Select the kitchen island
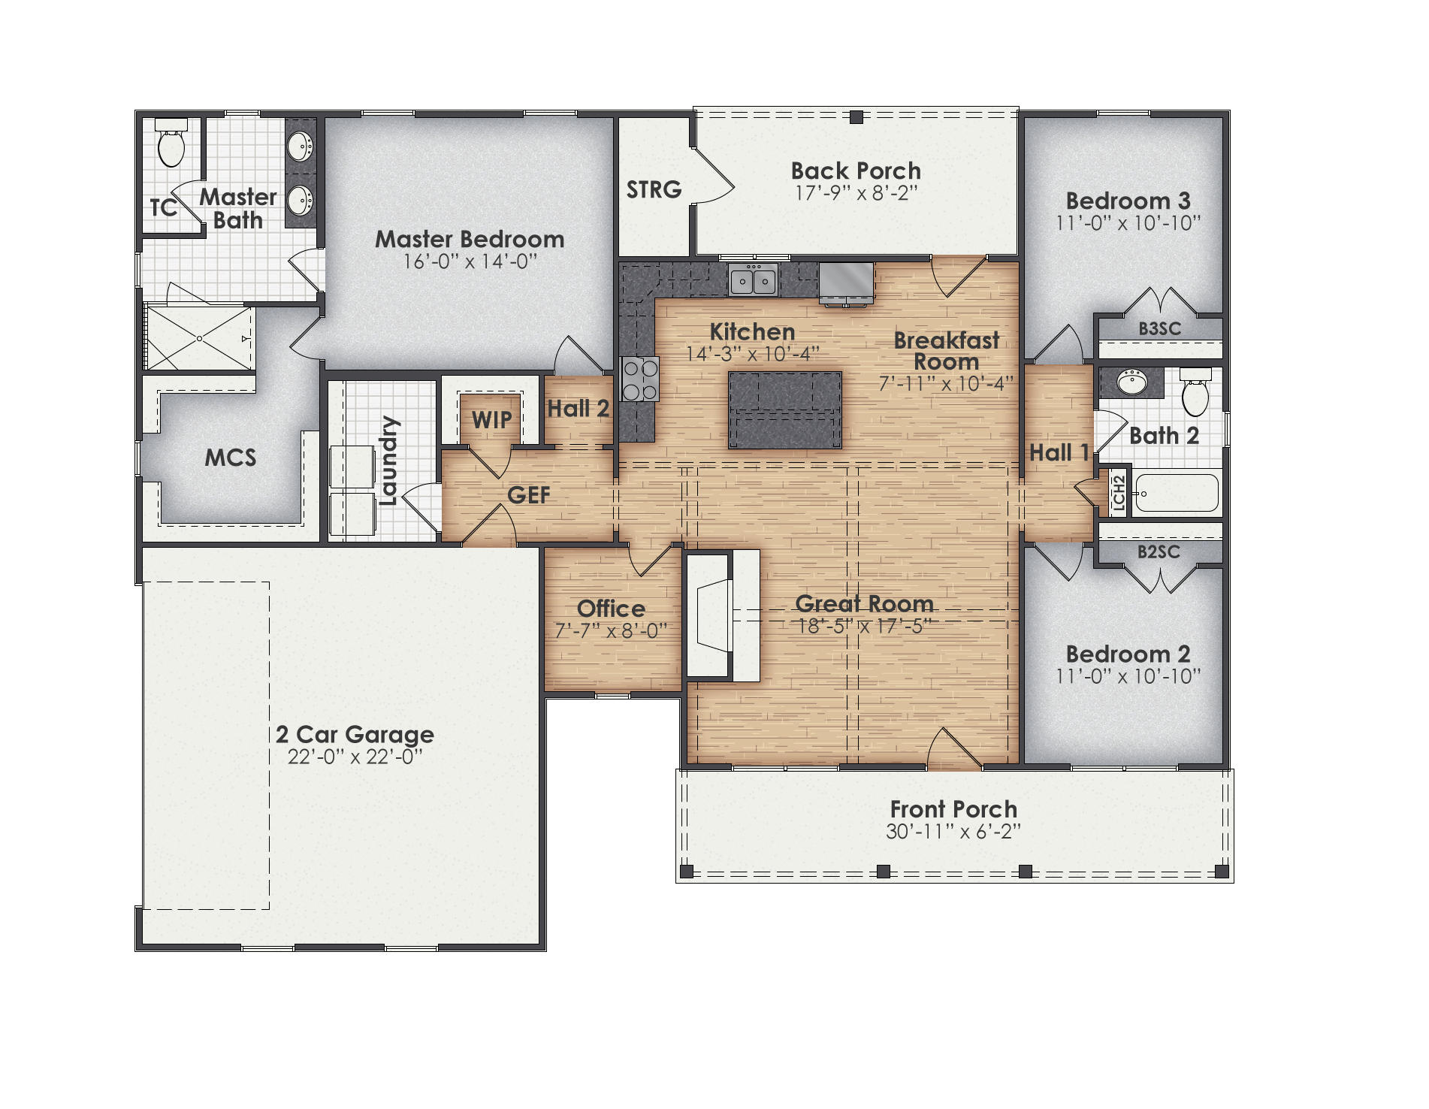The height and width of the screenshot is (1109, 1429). click(x=785, y=410)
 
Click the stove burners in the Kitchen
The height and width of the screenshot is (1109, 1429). click(x=640, y=380)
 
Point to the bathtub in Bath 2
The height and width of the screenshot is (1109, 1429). click(x=1177, y=494)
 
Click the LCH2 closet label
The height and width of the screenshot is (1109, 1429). click(x=1119, y=494)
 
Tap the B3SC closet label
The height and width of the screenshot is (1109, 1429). click(x=1159, y=328)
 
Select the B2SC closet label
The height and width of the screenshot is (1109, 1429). click(x=1159, y=552)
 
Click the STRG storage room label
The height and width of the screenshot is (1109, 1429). click(x=654, y=189)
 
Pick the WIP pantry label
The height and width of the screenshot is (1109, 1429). click(x=491, y=420)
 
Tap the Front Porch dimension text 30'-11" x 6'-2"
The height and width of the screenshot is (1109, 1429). click(x=953, y=832)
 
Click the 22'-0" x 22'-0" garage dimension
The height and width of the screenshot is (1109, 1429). click(x=355, y=757)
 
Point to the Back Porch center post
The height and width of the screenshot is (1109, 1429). click(x=856, y=117)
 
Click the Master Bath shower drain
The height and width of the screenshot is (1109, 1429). click(x=199, y=339)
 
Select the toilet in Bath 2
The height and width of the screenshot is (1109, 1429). click(x=1195, y=394)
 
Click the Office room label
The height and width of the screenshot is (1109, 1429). click(x=611, y=609)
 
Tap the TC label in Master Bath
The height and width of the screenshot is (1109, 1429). click(x=163, y=207)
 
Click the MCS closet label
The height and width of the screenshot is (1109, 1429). click(x=231, y=458)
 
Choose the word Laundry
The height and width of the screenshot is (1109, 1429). click(x=388, y=461)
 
